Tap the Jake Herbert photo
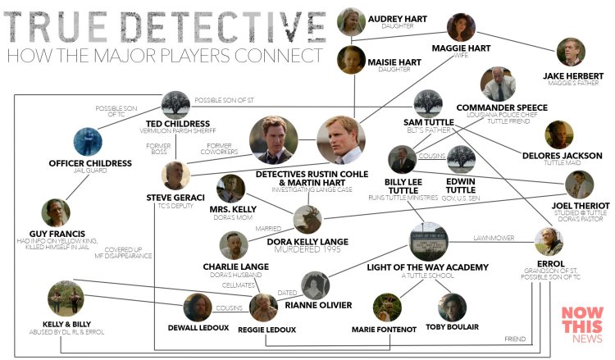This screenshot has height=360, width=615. click(x=570, y=51)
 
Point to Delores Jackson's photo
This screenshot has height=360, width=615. click(x=559, y=134)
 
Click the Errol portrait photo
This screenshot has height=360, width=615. click(x=549, y=242)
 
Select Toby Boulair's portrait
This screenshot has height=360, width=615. click(x=452, y=308)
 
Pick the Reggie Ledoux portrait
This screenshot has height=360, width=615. click(x=264, y=308)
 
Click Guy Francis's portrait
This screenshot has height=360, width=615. click(x=57, y=213)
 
